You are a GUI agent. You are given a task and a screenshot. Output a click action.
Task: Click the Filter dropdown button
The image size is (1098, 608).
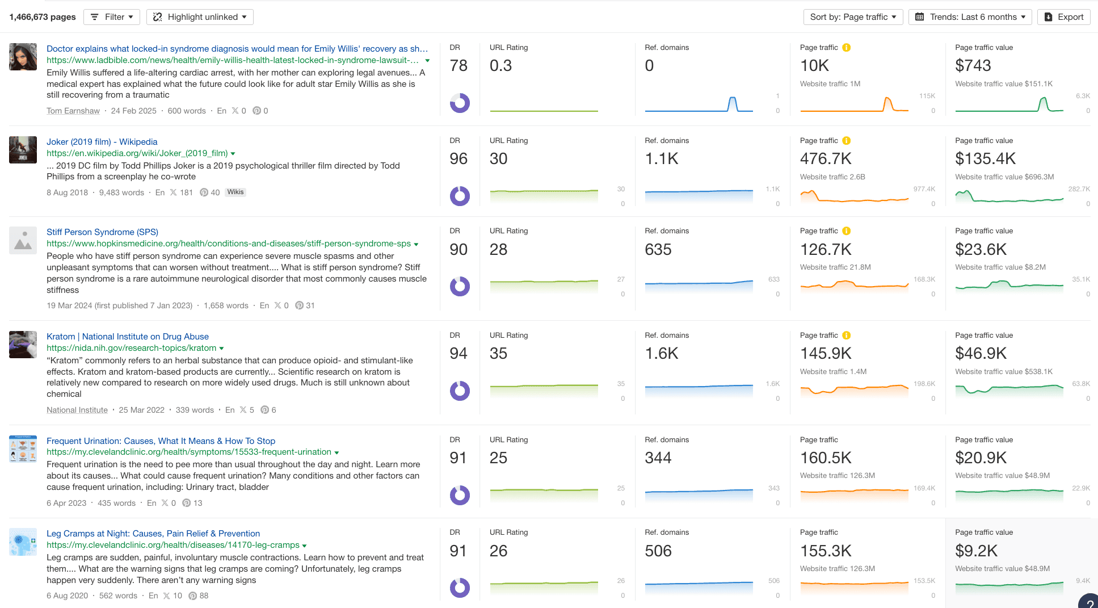tap(112, 17)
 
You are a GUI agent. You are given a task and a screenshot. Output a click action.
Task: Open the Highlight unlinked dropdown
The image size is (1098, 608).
tap(200, 17)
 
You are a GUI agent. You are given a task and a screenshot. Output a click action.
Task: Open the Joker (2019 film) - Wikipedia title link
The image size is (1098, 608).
tap(102, 142)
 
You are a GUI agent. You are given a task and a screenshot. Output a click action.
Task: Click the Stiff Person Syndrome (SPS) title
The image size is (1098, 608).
tap(102, 232)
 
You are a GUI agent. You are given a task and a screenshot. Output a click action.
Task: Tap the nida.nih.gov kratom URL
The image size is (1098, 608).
tap(131, 348)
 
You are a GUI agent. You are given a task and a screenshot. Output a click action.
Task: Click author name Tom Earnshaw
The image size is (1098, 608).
tap(73, 111)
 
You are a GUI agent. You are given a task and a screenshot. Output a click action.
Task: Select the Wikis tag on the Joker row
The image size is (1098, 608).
tap(235, 192)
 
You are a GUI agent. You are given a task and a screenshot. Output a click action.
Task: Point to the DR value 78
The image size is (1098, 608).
tap(458, 66)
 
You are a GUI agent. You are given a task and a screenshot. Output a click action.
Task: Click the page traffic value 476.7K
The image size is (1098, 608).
tap(826, 159)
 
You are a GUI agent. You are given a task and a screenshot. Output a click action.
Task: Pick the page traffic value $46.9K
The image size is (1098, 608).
tap(981, 354)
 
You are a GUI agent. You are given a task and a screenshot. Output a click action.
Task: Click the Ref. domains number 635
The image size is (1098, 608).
tap(658, 250)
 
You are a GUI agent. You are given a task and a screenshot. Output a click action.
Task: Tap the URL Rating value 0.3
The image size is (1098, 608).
tap(500, 66)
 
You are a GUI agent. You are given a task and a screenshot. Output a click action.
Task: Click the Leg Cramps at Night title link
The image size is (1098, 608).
tap(153, 534)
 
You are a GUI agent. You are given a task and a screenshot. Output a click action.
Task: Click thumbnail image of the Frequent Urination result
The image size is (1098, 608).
tap(23, 448)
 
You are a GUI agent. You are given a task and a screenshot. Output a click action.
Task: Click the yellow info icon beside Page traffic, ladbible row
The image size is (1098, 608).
tap(846, 48)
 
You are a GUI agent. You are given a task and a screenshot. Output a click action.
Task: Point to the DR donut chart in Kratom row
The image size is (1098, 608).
tap(460, 391)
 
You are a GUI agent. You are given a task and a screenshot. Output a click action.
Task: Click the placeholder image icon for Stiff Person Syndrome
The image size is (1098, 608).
tap(23, 241)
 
